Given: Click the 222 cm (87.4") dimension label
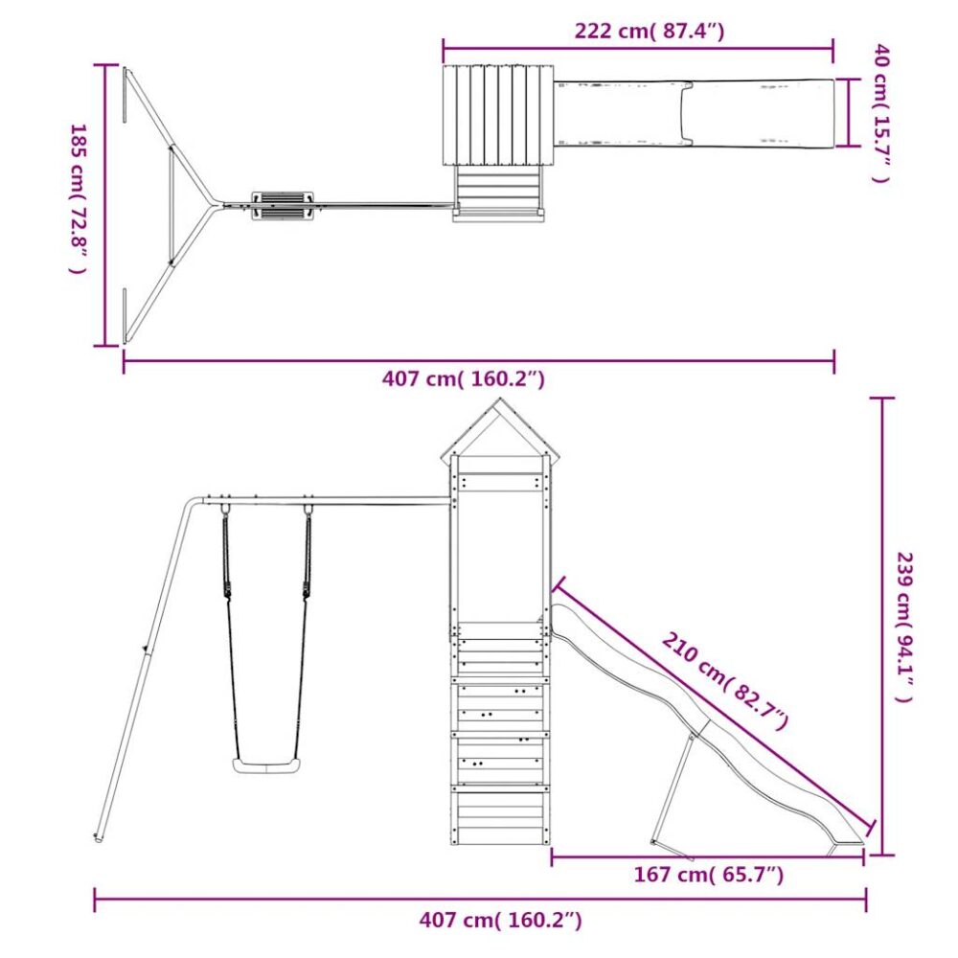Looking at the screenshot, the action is point(649,31).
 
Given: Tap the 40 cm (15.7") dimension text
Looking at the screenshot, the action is point(881,113).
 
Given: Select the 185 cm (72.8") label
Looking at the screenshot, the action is point(79,199).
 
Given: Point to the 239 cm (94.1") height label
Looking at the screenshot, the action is point(905,627).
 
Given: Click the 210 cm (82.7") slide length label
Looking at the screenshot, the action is point(725,682).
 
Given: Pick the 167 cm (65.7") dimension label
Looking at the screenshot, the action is point(708,875).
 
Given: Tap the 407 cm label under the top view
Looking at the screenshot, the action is point(463,379).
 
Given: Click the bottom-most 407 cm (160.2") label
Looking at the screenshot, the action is point(500,920).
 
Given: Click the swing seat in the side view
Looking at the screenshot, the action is point(267,765).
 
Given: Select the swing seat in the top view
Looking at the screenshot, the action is point(284,206).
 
